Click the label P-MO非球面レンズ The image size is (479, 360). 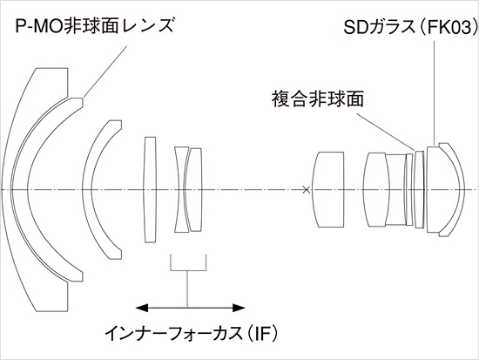[94, 25]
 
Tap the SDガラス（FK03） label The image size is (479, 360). [410, 27]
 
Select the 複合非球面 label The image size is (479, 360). [318, 98]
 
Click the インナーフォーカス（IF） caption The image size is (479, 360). [192, 333]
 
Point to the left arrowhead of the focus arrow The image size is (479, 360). [142, 308]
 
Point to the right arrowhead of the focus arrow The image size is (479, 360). [239, 308]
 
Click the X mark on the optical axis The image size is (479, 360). [306, 190]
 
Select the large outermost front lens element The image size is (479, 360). [18, 190]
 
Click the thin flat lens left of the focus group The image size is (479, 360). [150, 190]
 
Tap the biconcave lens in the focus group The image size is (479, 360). [181, 190]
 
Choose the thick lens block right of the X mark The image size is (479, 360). [327, 190]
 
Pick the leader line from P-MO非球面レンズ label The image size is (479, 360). [105, 71]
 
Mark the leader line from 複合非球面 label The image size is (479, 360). [386, 132]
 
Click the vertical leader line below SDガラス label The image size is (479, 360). [434, 92]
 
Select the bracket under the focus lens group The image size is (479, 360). [188, 270]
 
